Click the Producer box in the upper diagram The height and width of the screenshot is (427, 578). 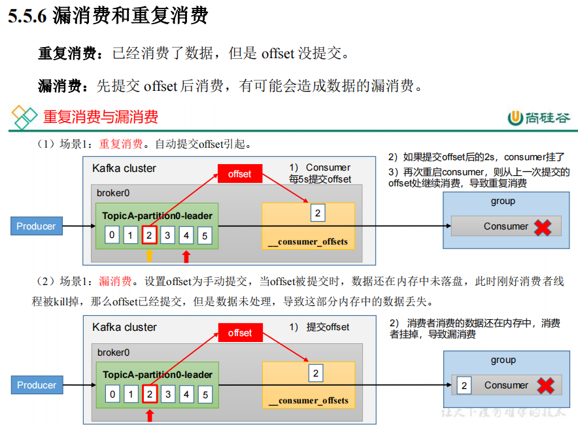coord(36,226)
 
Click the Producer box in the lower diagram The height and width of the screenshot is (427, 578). coord(37,385)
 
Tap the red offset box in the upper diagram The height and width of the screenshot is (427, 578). coord(239,174)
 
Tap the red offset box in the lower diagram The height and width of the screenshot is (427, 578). coord(239,333)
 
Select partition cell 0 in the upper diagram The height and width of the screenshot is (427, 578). coord(112,235)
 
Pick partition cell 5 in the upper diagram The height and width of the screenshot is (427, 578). coord(205,235)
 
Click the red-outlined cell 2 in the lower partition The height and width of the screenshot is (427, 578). coord(150,394)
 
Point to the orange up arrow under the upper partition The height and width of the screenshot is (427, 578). coord(149,255)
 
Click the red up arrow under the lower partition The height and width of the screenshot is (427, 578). coord(150,414)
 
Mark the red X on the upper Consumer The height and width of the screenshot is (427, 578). coord(542,227)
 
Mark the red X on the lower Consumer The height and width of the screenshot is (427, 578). coord(545,386)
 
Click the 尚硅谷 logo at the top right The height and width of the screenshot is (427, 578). coord(539,118)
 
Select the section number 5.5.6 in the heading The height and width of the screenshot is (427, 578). coord(27,16)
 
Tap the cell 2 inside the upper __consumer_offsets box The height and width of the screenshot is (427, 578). coord(317,213)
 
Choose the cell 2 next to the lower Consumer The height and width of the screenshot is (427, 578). coord(464,385)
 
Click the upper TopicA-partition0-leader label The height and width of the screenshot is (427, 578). coord(157,216)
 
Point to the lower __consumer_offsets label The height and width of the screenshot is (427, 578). coord(308,400)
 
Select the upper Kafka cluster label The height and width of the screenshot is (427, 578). coord(124,168)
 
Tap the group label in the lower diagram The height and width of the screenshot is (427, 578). coord(503,360)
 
